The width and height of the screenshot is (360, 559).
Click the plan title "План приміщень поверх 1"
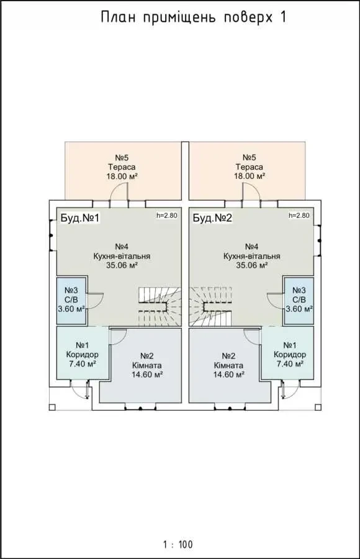pos(194,17)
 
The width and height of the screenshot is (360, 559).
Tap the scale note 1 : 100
pos(178,544)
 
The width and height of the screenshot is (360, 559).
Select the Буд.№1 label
pos(79,218)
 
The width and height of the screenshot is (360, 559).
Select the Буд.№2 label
pos(212,218)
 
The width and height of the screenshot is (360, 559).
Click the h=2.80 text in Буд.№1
pos(167,216)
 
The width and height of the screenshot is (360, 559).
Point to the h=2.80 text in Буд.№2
pos(299,216)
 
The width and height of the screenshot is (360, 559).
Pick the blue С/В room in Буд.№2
pos(299,300)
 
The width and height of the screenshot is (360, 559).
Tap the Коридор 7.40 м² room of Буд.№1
pos(83,353)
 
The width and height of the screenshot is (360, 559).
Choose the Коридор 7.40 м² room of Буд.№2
pos(288,353)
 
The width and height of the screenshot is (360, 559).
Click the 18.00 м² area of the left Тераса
pos(122,176)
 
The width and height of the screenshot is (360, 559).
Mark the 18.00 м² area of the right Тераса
pos(250,176)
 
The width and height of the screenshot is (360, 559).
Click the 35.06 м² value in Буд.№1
pos(122,265)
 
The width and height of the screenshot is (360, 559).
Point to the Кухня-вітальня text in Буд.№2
pos(252,257)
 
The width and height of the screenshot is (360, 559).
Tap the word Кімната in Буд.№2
pos(229,365)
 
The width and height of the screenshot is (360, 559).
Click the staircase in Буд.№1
pos(160,307)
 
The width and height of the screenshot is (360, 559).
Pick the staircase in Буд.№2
pos(210,307)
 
